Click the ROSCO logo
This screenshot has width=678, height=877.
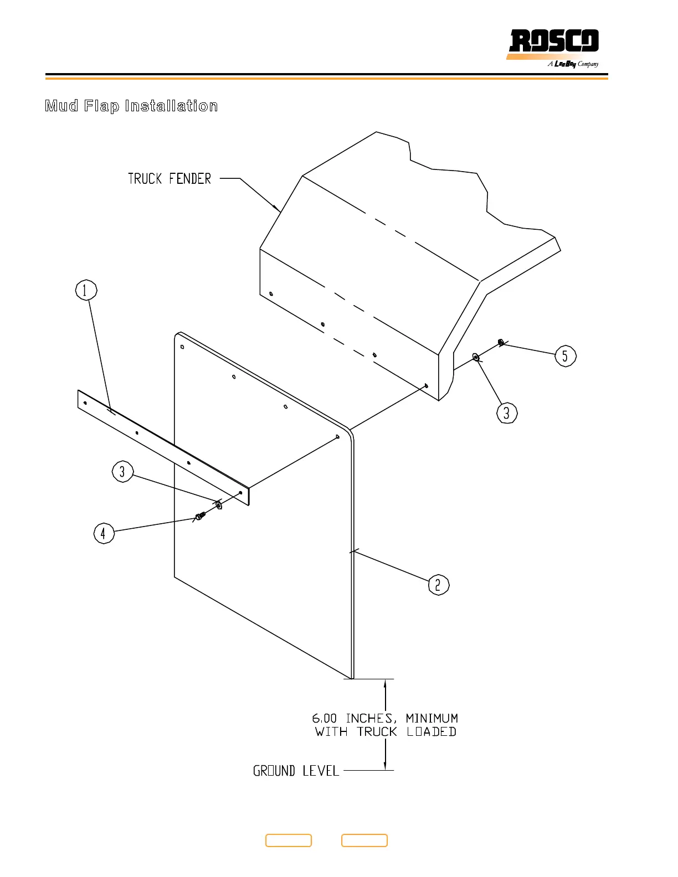pyautogui.click(x=553, y=41)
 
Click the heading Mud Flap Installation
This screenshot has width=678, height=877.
pyautogui.click(x=131, y=106)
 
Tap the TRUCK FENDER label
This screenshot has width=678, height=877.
pyautogui.click(x=169, y=178)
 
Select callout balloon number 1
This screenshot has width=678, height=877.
pyautogui.click(x=86, y=290)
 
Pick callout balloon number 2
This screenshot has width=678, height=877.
pyautogui.click(x=439, y=585)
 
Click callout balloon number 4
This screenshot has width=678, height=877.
pyautogui.click(x=104, y=533)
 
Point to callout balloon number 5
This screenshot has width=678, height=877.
pyautogui.click(x=566, y=356)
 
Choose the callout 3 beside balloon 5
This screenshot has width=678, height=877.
pyautogui.click(x=507, y=413)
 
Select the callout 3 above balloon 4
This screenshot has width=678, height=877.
pyautogui.click(x=122, y=471)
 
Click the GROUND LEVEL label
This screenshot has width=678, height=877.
pyautogui.click(x=296, y=771)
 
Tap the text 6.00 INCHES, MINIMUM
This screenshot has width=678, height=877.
pyautogui.click(x=385, y=719)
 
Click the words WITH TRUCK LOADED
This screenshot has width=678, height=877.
pyautogui.click(x=386, y=732)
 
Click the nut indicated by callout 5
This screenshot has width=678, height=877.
pyautogui.click(x=501, y=343)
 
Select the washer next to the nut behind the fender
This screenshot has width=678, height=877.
pyautogui.click(x=476, y=357)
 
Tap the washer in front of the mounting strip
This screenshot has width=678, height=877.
pyautogui.click(x=219, y=504)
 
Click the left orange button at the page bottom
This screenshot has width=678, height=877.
pyautogui.click(x=289, y=840)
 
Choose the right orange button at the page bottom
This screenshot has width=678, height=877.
pyautogui.click(x=364, y=840)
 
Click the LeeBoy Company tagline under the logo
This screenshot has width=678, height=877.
pyautogui.click(x=573, y=64)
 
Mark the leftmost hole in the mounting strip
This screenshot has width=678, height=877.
pyautogui.click(x=85, y=403)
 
